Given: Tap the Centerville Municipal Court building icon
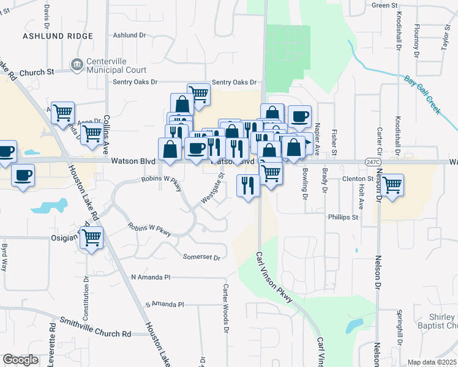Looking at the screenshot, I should [x=77, y=63].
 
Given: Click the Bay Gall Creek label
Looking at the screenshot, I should [x=422, y=95].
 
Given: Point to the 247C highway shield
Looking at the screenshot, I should [x=374, y=162].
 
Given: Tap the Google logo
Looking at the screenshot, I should [x=20, y=359].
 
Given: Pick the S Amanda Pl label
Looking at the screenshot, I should [x=164, y=304].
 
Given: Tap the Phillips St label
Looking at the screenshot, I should [x=342, y=217].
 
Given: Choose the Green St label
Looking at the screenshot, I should [x=385, y=6].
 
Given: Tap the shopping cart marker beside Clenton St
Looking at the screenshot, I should [x=392, y=183].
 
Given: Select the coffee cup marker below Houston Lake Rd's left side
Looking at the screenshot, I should [x=23, y=176].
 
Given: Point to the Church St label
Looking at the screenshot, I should [x=36, y=72].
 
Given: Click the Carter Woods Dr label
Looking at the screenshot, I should [x=226, y=309].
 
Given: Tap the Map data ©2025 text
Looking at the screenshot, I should [x=432, y=362].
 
